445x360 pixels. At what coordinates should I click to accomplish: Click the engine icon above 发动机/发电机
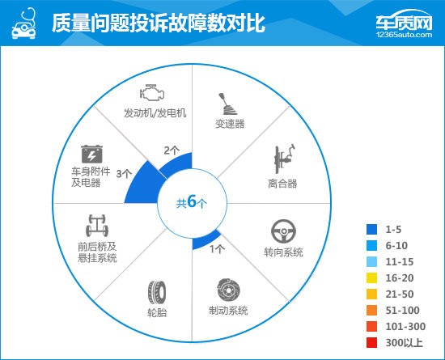[x=152, y=92]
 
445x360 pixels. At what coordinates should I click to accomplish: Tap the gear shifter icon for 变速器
[x=227, y=104]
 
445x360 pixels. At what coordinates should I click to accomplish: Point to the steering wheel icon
[x=283, y=231]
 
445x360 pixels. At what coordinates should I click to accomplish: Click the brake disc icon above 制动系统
[x=229, y=290]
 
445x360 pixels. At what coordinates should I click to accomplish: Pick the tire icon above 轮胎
[x=157, y=293]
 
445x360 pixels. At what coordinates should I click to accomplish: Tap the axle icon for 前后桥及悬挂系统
[x=97, y=226]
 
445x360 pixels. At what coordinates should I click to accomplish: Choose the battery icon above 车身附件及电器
[x=91, y=154]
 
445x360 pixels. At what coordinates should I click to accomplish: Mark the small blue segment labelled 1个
[x=206, y=241]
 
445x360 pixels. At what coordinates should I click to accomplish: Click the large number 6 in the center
[x=192, y=201]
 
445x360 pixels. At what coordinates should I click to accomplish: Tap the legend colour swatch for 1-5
[x=371, y=229]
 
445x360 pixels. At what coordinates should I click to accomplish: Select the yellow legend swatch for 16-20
[x=371, y=277]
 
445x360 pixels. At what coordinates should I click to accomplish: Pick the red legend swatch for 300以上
[x=371, y=342]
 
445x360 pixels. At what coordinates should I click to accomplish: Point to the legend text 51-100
[x=402, y=311]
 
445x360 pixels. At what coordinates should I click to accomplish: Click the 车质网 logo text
[x=404, y=22]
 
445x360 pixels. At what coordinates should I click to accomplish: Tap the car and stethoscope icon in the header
[x=23, y=23]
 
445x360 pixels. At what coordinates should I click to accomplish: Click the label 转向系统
[x=283, y=252]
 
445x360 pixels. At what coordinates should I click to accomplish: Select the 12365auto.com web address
[x=404, y=35]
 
